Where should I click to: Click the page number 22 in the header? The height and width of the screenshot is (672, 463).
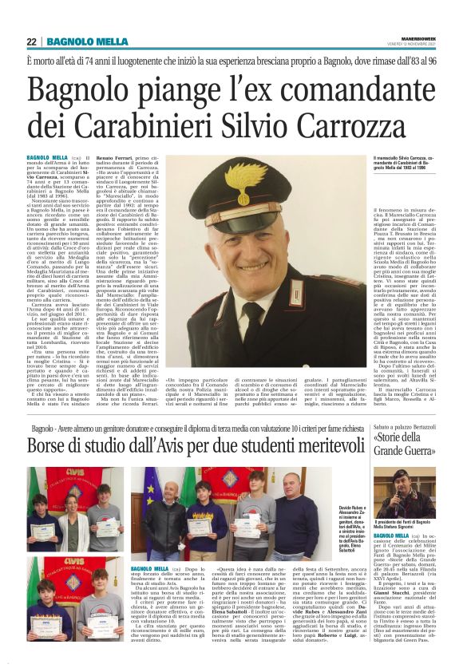point(32,42)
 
